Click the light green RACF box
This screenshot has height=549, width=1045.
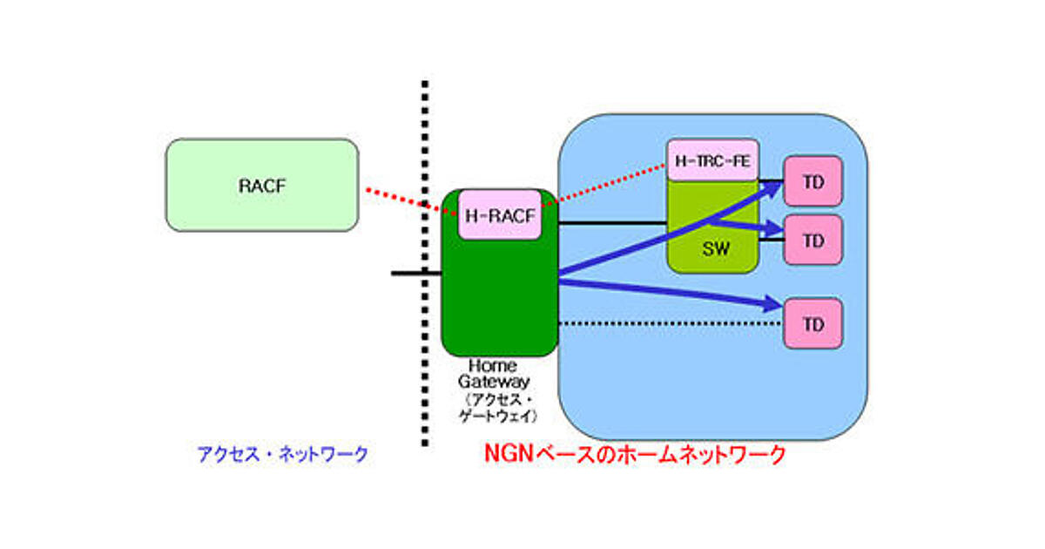262,185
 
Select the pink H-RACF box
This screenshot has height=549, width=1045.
500,214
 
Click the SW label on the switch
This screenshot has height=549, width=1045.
716,249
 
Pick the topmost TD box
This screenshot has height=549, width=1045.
813,182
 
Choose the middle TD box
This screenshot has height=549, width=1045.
813,241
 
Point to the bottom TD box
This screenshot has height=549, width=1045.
813,324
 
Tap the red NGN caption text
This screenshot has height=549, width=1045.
635,454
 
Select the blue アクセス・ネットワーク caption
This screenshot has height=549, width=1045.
282,454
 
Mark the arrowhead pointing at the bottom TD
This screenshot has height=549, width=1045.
772,303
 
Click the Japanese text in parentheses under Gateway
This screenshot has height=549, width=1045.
499,408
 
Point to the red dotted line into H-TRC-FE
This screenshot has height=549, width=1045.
610,183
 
